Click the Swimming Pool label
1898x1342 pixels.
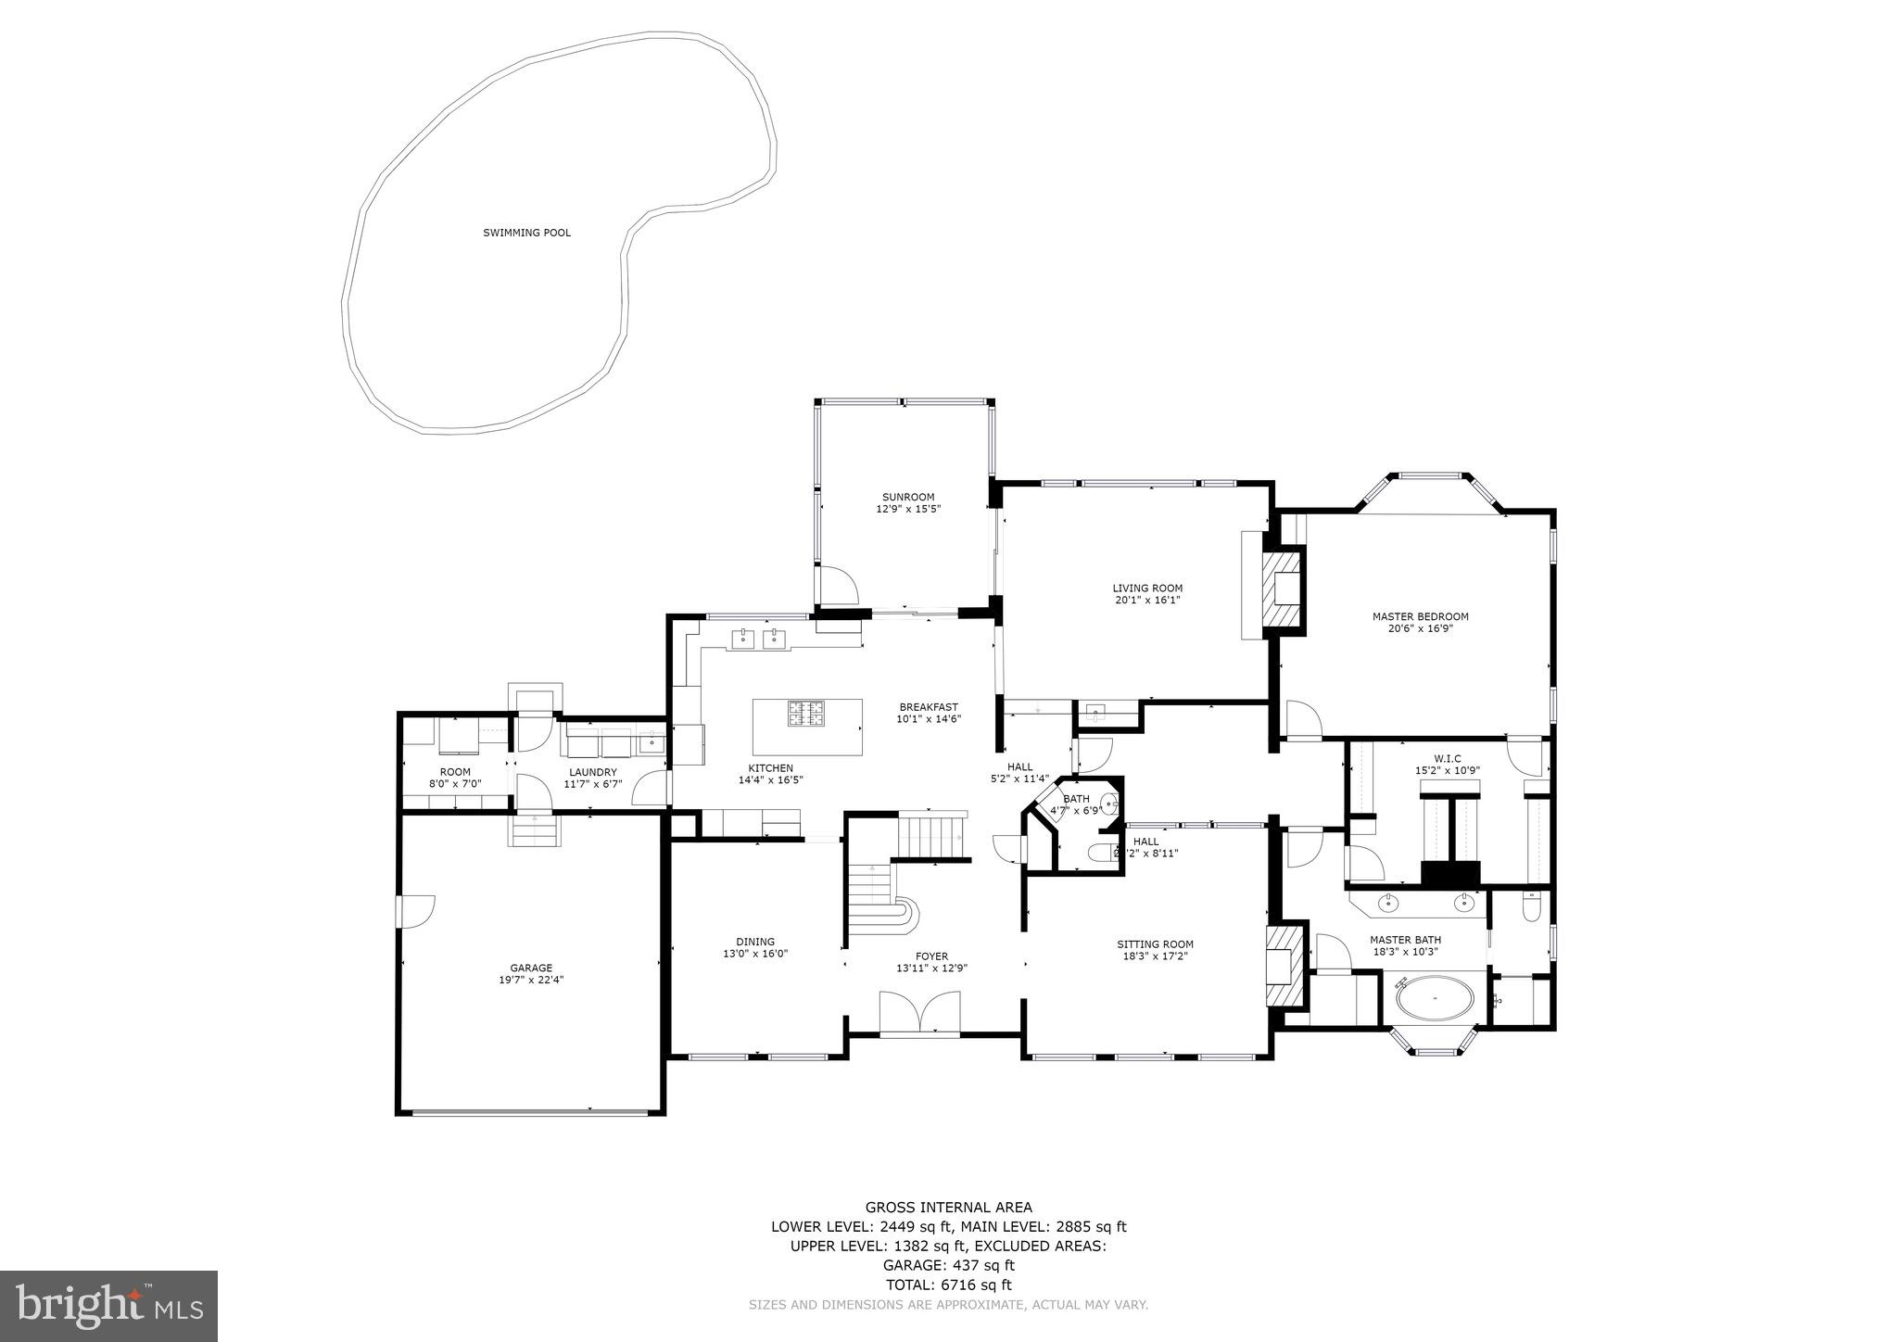526,233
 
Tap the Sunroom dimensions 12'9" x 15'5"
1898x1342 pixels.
908,509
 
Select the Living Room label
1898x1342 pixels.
1147,588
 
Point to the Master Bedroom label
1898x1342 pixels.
1420,616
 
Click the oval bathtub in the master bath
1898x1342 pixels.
1435,998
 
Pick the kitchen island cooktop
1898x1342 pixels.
807,714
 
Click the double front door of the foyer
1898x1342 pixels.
919,1012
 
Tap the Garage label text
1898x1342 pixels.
530,968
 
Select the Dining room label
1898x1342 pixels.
755,942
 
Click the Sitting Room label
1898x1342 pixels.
1154,944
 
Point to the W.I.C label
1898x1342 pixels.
1446,758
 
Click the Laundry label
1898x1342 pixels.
592,772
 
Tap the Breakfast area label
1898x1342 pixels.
928,707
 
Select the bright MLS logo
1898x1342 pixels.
109,1306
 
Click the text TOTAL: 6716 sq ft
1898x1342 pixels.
948,1285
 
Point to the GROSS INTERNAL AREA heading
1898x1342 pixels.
948,1207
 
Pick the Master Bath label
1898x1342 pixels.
1405,940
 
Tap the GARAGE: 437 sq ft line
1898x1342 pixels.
948,1265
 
